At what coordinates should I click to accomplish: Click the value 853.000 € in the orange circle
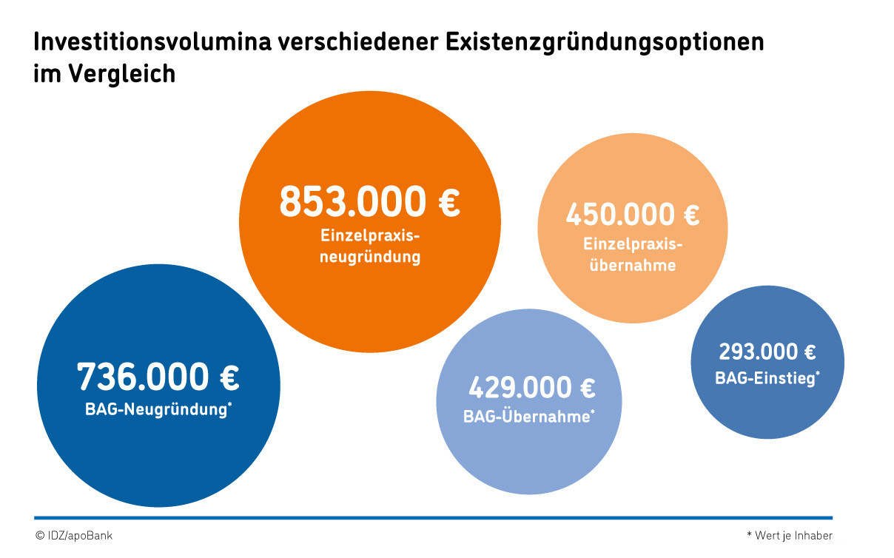tap(369, 202)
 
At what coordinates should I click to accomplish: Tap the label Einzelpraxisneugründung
tap(370, 246)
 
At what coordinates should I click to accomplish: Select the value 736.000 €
tap(158, 377)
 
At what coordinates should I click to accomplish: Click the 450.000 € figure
tap(632, 215)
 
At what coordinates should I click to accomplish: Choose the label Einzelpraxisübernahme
tap(632, 254)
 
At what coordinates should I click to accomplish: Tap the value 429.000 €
tap(531, 388)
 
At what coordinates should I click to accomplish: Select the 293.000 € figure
tap(767, 352)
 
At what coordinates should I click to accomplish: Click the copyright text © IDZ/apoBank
tap(73, 535)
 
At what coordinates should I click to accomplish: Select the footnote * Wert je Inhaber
tap(789, 535)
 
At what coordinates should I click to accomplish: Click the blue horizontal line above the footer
tap(433, 517)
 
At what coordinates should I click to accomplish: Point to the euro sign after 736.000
tap(229, 377)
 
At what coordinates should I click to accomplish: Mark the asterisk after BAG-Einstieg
tap(817, 374)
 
